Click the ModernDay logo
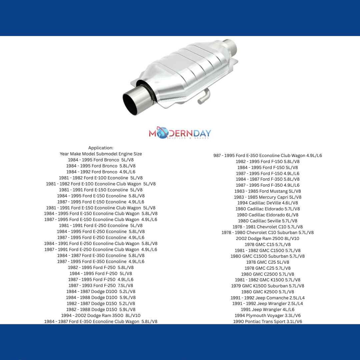(x=180, y=133)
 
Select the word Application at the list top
(x=101, y=148)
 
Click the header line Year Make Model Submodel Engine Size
(x=101, y=154)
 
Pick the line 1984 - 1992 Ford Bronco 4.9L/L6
(x=101, y=172)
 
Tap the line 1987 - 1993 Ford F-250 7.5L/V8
(x=101, y=285)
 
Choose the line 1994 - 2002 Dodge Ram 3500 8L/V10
(x=101, y=315)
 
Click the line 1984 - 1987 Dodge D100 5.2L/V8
(x=101, y=291)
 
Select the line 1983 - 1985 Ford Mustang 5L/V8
(x=268, y=191)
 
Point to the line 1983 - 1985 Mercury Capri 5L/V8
(x=268, y=197)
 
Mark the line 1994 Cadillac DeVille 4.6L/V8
(x=268, y=203)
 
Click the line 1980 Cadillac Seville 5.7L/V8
(x=268, y=221)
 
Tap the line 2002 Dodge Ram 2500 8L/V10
(x=268, y=238)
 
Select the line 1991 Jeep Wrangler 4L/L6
(x=268, y=309)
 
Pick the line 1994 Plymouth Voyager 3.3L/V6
(x=268, y=315)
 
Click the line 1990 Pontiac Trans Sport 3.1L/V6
(x=268, y=321)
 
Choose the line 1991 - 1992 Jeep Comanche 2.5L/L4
(x=268, y=298)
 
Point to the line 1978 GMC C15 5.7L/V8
(x=268, y=244)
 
